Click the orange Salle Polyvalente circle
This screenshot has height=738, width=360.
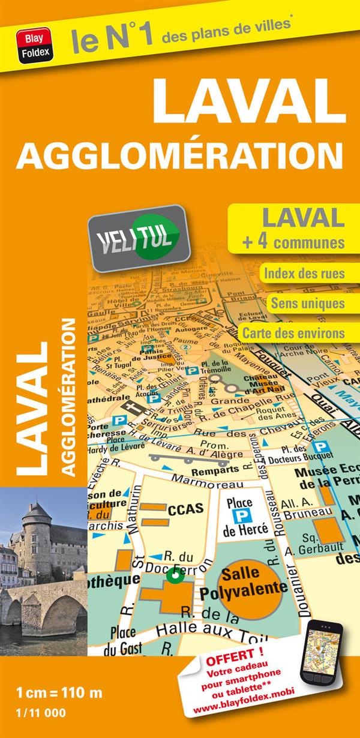pyautogui.click(x=251, y=580)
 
